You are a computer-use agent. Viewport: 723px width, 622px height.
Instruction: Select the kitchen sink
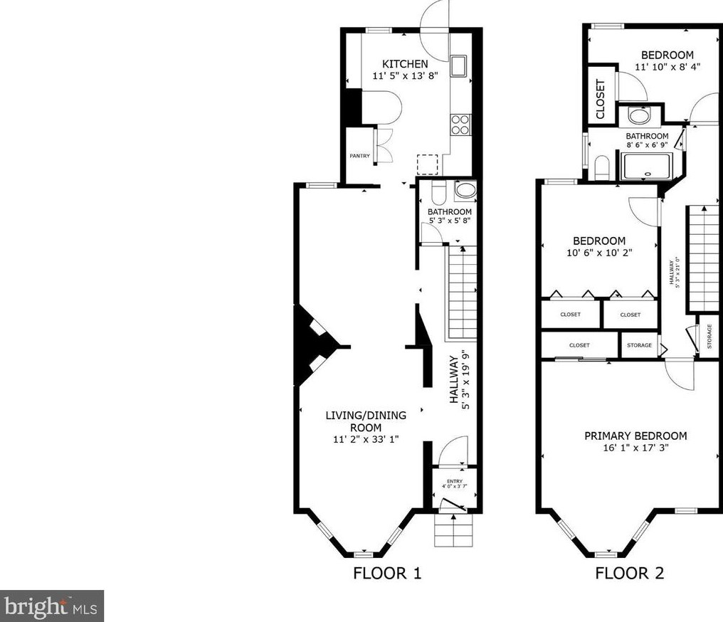pyautogui.click(x=459, y=65)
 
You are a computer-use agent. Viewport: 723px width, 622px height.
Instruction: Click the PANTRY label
pyautogui.click(x=359, y=156)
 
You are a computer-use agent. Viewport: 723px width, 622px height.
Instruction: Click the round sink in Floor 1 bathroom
pyautogui.click(x=465, y=190)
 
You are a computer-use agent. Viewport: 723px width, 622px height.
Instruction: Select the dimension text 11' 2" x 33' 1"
pyautogui.click(x=366, y=439)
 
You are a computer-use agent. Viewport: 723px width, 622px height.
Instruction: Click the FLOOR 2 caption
pyautogui.click(x=629, y=573)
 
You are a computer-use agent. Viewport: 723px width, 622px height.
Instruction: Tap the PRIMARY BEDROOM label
pyautogui.click(x=635, y=436)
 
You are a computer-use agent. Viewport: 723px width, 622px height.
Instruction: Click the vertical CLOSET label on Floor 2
pyautogui.click(x=600, y=99)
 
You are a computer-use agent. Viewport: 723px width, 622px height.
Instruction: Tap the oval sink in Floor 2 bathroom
pyautogui.click(x=638, y=117)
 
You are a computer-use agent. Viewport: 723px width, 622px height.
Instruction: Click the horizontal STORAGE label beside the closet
pyautogui.click(x=639, y=345)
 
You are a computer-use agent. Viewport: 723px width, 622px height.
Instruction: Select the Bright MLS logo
pyautogui.click(x=52, y=606)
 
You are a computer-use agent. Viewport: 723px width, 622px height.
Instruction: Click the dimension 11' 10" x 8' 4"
pyautogui.click(x=667, y=67)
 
